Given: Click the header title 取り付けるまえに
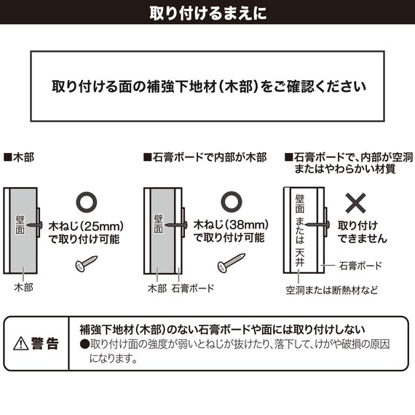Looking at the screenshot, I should coord(207,12).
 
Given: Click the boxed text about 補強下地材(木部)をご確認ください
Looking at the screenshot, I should coord(207,86).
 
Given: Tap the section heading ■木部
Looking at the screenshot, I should coord(19,157).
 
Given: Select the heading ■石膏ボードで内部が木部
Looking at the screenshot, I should coord(206,157).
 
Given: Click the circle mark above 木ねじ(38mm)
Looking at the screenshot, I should coord(231,202).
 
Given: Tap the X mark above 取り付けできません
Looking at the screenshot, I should coord(355,202).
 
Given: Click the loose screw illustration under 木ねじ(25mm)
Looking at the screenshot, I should coord(84,264).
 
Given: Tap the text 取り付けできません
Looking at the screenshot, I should coord(362,232).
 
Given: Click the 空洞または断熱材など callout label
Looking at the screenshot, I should coord(331,289).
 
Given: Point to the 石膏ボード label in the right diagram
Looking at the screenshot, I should coord(360,266).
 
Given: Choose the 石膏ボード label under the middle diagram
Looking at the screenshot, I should coord(193,288).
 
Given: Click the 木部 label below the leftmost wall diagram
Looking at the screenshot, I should coord(23,288).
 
